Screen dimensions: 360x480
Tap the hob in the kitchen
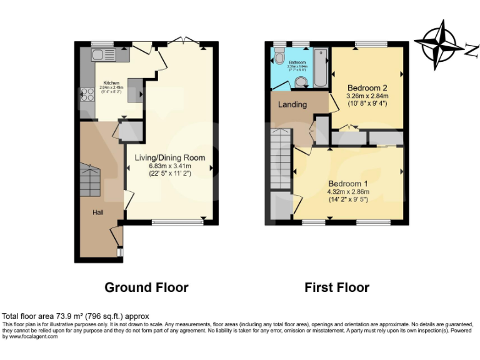(x=86, y=95)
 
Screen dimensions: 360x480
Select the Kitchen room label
(x=111, y=82)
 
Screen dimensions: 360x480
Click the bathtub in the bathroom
(x=319, y=67)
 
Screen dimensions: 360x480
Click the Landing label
(x=292, y=104)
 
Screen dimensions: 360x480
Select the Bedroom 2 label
(x=367, y=88)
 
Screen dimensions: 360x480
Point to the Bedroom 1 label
(x=349, y=183)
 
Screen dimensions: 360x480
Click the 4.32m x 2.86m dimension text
(x=349, y=191)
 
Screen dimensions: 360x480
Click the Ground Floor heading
(x=146, y=287)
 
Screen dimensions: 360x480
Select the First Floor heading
(x=337, y=287)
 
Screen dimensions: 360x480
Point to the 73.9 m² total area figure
(x=60, y=316)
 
